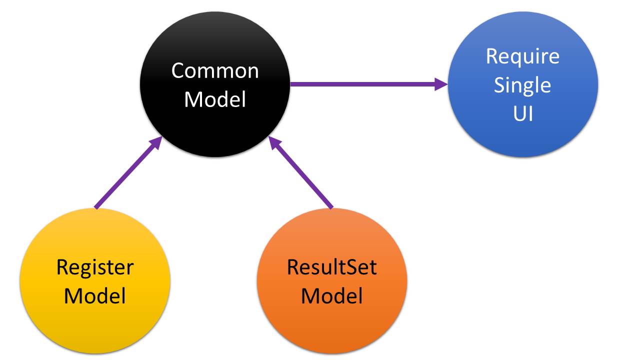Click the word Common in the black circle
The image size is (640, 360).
[x=215, y=70]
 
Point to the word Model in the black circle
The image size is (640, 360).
[x=215, y=99]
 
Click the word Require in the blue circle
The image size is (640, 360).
[x=523, y=56]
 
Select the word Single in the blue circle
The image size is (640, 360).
[x=523, y=85]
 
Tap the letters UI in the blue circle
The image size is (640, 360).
[x=523, y=114]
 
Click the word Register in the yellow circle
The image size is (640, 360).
[x=95, y=267]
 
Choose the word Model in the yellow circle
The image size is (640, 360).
[x=95, y=296]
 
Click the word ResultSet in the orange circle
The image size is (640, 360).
[x=332, y=267]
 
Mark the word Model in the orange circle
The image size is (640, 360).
[x=332, y=296]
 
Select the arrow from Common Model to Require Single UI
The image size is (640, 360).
[x=365, y=84]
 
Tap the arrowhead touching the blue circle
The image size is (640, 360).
[x=441, y=84]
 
